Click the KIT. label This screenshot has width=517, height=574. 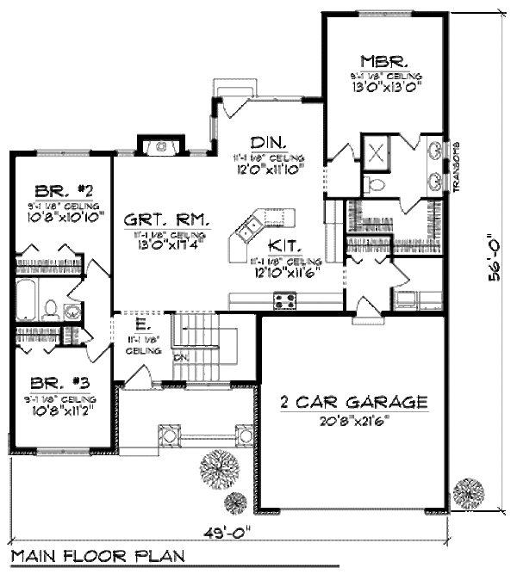[282, 244]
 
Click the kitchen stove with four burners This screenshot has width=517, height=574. [284, 300]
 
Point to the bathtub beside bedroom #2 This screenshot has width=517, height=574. [27, 300]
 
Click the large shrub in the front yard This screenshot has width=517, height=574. [219, 469]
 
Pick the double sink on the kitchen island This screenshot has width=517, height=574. [249, 229]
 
